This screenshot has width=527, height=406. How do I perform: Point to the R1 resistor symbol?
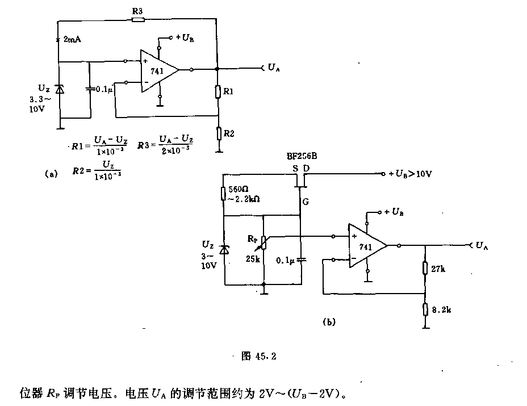(218, 92)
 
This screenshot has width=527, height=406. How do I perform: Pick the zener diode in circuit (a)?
(59, 89)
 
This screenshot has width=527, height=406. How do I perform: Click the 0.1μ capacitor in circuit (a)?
(90, 89)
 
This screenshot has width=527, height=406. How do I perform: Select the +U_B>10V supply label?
(409, 174)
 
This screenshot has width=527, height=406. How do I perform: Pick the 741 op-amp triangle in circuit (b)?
(368, 246)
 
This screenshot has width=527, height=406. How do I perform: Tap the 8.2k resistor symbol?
(425, 309)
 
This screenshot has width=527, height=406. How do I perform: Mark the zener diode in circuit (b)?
(225, 249)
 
